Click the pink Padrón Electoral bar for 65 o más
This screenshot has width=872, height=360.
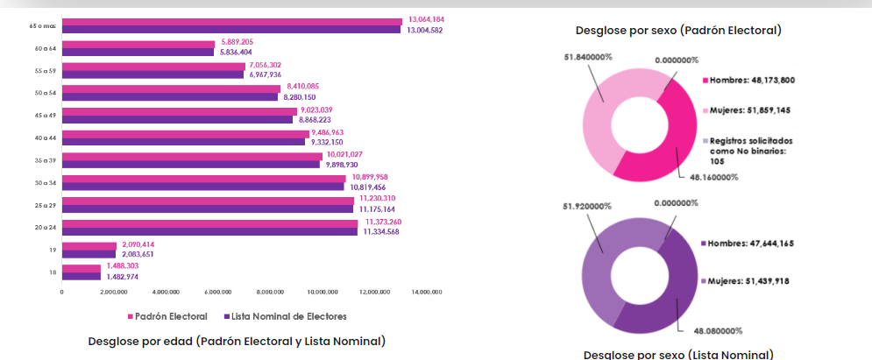point(232,21)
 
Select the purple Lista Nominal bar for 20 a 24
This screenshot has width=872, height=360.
point(209,232)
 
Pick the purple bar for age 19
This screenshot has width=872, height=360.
point(89,254)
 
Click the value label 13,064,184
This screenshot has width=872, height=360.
point(426,19)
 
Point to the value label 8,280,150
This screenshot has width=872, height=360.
point(300,97)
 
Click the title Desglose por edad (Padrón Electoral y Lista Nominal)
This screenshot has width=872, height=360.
point(237,341)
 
